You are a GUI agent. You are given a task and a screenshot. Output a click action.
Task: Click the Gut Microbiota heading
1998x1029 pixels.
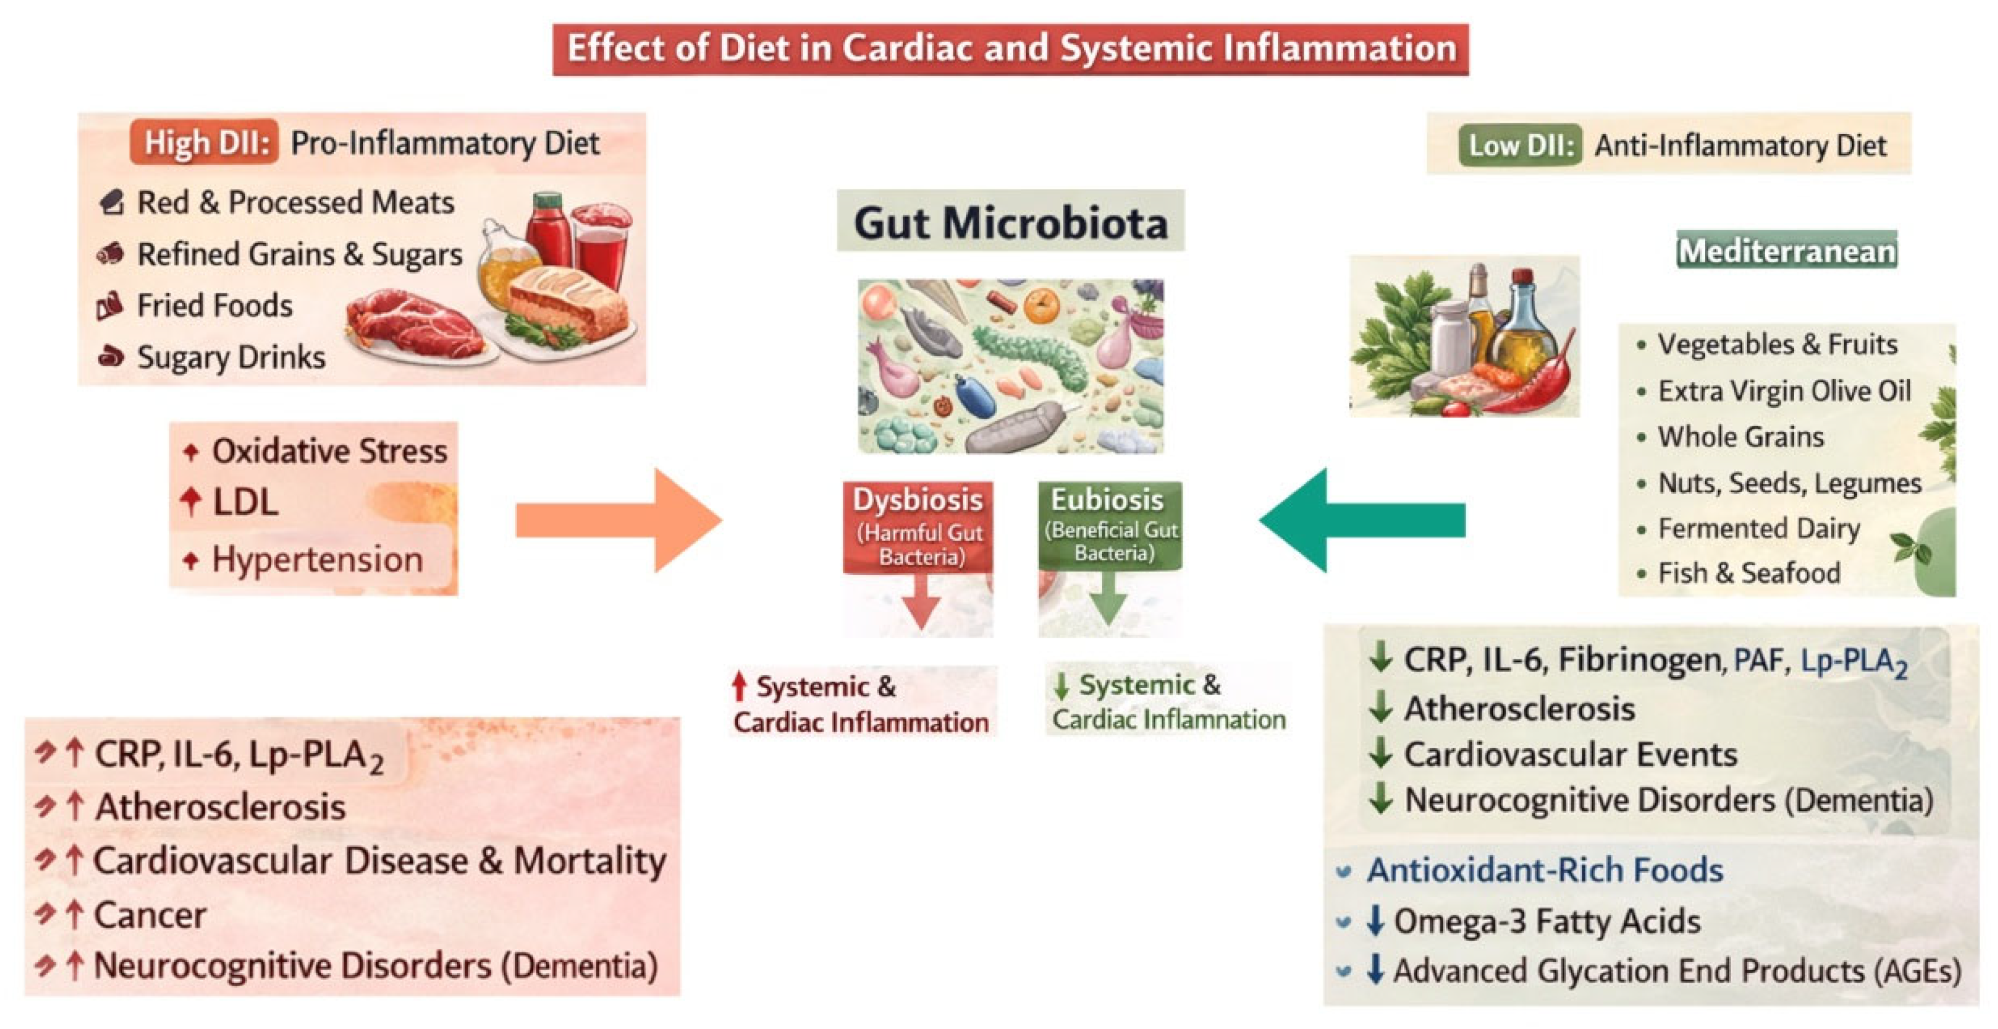tap(1010, 223)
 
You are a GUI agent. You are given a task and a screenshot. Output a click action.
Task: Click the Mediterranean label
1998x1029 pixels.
tap(1786, 251)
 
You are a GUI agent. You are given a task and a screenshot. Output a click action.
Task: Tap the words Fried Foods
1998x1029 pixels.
tap(215, 306)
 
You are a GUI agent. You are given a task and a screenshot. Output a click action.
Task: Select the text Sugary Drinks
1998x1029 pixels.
tap(231, 357)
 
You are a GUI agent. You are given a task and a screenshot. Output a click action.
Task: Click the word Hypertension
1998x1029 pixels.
tap(317, 559)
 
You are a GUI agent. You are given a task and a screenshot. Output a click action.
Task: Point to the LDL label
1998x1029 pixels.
tap(245, 502)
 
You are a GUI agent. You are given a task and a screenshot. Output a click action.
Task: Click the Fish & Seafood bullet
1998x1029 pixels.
tap(1748, 574)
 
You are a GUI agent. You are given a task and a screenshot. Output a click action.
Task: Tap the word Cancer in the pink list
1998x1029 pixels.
tap(150, 916)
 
